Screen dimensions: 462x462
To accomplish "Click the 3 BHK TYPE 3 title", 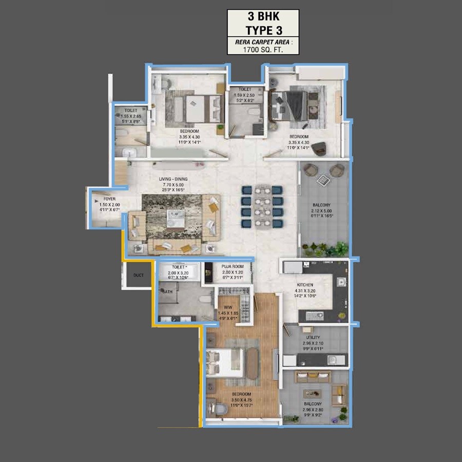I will (x=263, y=23).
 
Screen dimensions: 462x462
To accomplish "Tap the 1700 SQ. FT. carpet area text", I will (x=263, y=50).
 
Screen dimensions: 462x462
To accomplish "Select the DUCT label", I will (x=139, y=276).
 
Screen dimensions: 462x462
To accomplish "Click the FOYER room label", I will (x=109, y=198).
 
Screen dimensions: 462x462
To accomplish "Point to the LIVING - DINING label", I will (x=173, y=179).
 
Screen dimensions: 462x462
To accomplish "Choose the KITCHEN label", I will (x=305, y=285).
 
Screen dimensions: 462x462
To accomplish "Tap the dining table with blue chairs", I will (x=262, y=206).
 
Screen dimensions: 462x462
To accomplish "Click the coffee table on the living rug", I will (x=175, y=218).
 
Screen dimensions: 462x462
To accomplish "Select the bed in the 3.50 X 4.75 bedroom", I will (x=225, y=362).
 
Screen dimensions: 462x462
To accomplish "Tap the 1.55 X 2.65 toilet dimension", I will (x=131, y=116).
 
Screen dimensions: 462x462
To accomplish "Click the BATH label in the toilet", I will (x=168, y=292).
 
